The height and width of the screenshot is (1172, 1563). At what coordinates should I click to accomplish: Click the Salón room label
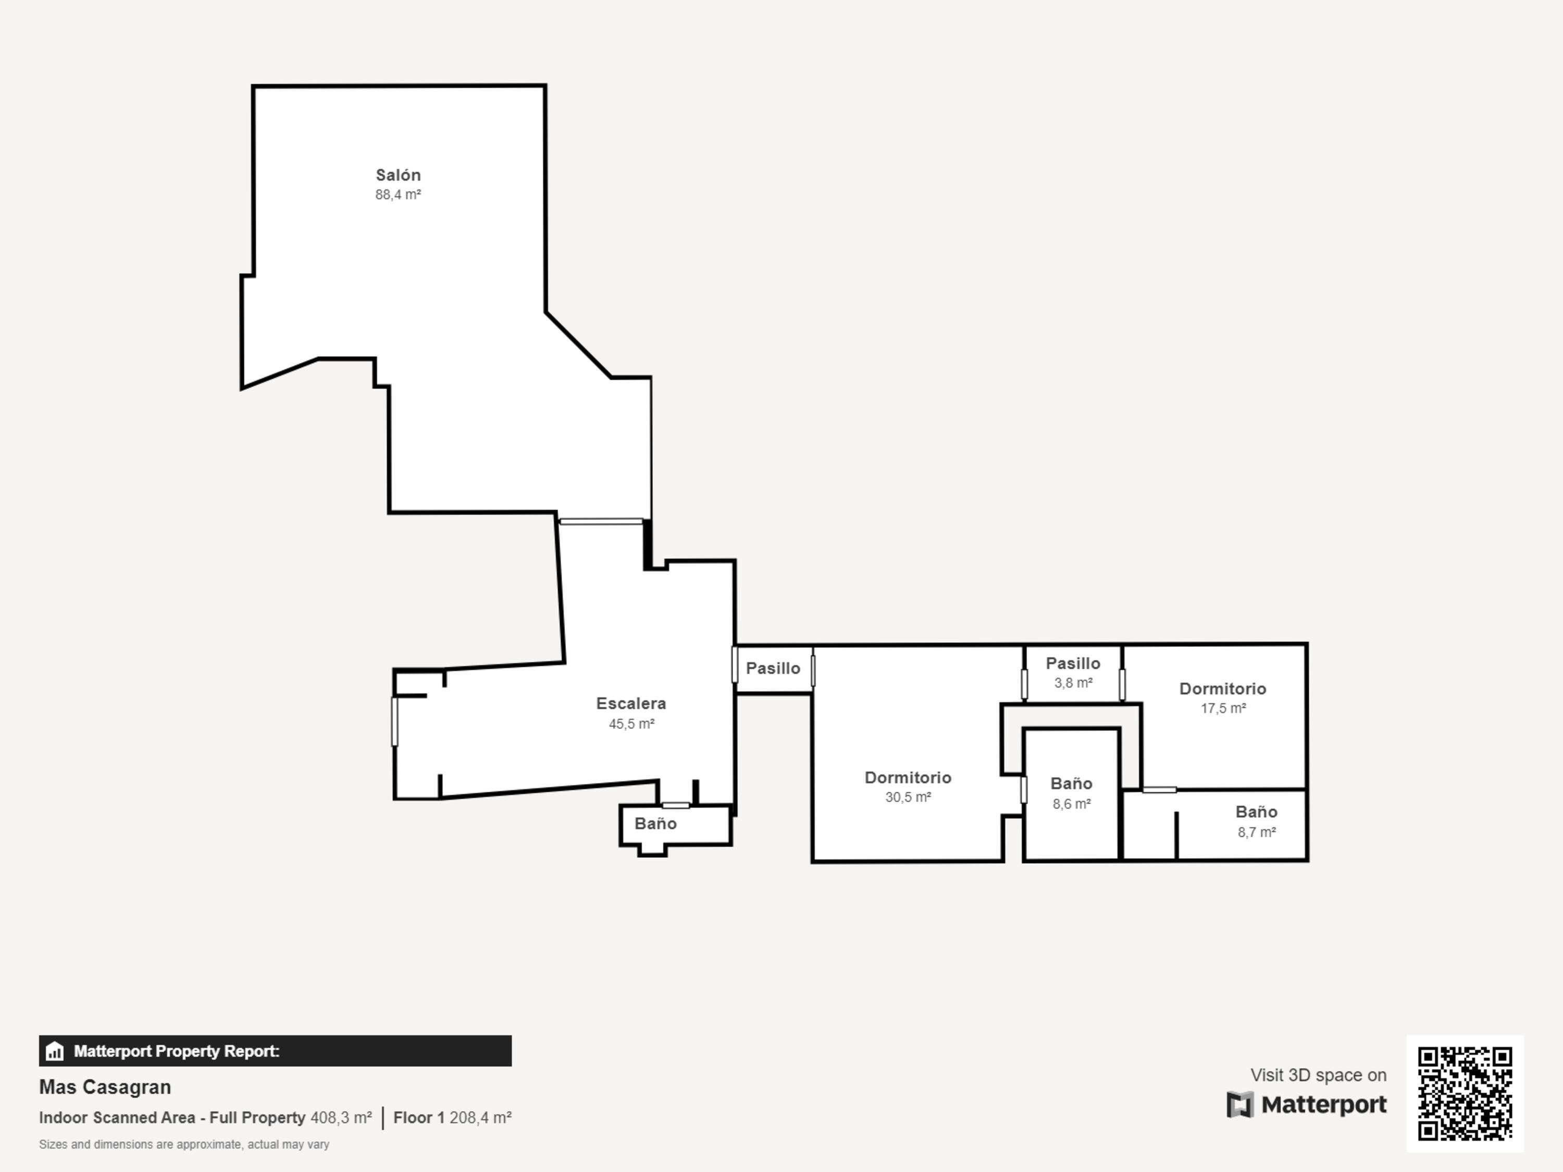point(398,174)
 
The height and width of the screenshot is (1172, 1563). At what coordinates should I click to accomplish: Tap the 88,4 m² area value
point(398,194)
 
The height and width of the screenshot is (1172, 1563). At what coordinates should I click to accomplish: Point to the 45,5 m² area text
point(631,724)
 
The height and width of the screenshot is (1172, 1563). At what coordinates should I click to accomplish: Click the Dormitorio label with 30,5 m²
point(908,777)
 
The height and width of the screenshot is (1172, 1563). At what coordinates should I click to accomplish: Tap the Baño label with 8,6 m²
point(1071,783)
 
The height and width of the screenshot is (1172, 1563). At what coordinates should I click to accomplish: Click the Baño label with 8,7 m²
point(1256,812)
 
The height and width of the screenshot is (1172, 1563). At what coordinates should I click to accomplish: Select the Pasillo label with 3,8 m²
point(1073,664)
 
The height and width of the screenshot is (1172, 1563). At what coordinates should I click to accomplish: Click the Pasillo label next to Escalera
point(773,668)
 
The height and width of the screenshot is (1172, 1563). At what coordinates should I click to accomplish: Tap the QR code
point(1465,1093)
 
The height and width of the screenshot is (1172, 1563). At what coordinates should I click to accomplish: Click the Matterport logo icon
point(1240,1105)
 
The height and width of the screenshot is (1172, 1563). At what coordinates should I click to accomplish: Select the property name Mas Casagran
point(105,1087)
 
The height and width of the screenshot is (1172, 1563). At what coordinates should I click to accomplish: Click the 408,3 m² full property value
point(341,1118)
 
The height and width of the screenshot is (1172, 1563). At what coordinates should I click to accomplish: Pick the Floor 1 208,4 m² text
point(452,1118)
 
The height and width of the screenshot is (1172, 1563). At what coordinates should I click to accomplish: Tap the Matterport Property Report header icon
point(54,1051)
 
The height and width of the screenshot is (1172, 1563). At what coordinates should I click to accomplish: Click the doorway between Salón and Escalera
point(601,521)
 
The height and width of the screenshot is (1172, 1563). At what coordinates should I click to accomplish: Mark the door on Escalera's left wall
point(394,721)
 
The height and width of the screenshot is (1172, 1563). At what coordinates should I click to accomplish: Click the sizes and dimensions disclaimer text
point(184,1144)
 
